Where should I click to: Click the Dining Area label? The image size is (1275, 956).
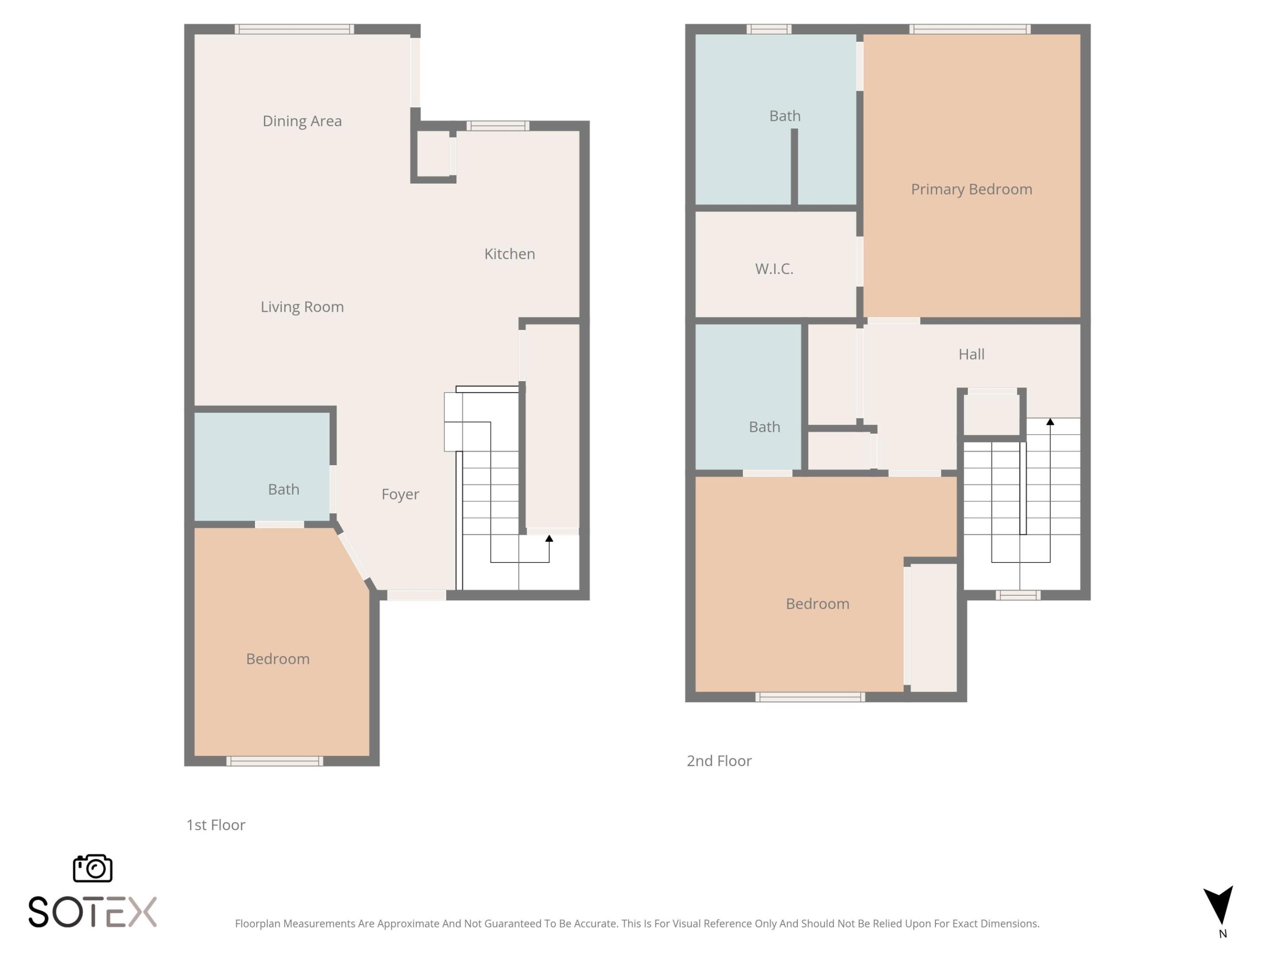click(302, 121)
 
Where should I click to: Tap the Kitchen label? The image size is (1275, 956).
click(510, 254)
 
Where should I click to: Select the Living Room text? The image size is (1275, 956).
click(302, 307)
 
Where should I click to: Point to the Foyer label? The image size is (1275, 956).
click(400, 494)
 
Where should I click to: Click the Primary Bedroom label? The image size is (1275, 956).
click(971, 189)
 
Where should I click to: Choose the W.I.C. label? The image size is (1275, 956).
click(774, 269)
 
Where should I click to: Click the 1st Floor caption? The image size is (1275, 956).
click(216, 825)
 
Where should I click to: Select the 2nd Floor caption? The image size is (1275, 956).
click(719, 761)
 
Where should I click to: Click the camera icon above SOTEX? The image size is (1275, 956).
click(92, 868)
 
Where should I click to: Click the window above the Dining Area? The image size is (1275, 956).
click(294, 29)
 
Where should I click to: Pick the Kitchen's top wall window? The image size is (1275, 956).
click(498, 126)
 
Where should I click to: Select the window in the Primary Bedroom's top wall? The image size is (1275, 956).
click(970, 29)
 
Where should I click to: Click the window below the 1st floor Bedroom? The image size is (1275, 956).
click(274, 761)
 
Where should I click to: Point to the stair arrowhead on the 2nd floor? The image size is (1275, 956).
click(1050, 422)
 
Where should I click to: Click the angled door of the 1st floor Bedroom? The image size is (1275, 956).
click(353, 556)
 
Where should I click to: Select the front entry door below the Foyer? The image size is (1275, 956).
click(416, 595)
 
